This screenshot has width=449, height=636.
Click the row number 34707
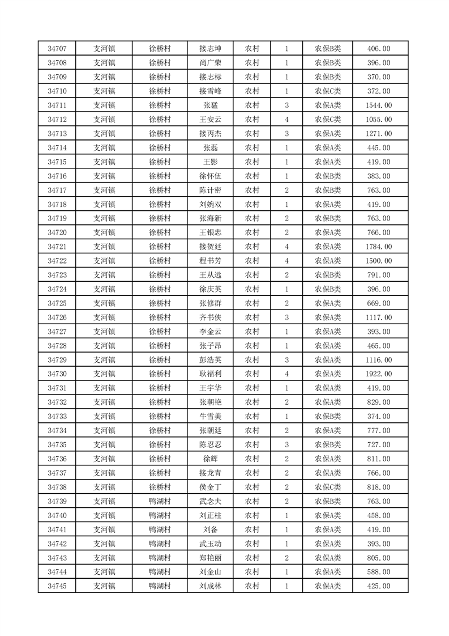point(57,49)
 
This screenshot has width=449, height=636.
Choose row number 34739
point(57,501)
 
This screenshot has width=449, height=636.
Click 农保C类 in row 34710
point(327,91)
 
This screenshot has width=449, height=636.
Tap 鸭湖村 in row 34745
point(160,586)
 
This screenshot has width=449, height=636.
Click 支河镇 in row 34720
point(104,232)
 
